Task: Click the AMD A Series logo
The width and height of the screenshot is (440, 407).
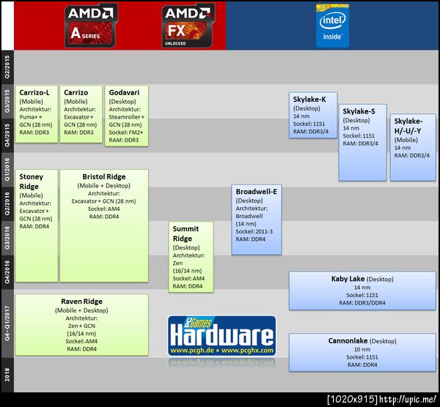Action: point(92,24)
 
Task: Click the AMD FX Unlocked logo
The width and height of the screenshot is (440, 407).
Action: point(188,24)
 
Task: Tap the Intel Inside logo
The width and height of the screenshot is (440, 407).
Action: point(332,26)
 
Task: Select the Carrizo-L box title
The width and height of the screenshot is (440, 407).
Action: point(34,93)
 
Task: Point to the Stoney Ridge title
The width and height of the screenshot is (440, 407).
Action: point(32,182)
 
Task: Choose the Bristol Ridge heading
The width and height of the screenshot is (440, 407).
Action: point(103,176)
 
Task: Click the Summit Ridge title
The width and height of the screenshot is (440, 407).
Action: point(183,234)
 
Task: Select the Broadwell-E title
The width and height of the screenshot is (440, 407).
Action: point(257,191)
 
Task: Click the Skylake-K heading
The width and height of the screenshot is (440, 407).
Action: point(313,98)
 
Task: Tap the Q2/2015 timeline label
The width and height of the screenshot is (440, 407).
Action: point(7,67)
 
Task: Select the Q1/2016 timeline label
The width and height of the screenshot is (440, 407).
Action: point(7,169)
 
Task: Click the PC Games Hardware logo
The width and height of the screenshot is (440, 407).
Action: point(222,336)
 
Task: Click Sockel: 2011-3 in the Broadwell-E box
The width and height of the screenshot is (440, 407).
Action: point(255,231)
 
